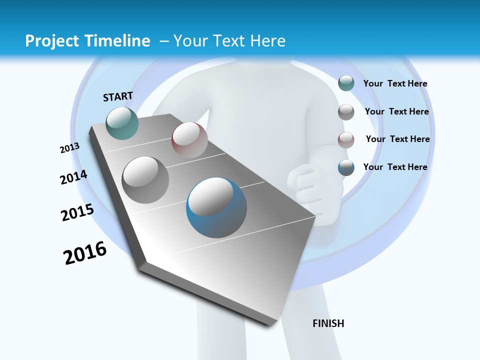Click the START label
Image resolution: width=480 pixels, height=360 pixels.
coord(118,96)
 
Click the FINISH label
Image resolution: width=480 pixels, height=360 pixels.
coord(328,323)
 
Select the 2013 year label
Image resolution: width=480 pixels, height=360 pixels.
coord(69,148)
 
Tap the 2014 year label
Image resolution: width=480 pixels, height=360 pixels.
coord(73,177)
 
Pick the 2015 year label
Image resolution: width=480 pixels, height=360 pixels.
coord(77,212)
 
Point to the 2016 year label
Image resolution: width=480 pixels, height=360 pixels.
coord(85,253)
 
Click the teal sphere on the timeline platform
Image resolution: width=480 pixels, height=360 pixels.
coord(122,123)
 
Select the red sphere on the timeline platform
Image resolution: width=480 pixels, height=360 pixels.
coord(189,139)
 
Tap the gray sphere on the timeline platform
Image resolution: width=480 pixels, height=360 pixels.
coord(145,179)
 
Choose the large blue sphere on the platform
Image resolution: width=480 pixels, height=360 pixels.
coord(216,207)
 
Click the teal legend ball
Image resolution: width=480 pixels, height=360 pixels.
coord(346,83)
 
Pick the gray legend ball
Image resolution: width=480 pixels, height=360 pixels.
coord(346,112)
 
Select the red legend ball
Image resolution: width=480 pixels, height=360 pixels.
coord(346,140)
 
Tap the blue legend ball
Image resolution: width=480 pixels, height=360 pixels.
coord(346,167)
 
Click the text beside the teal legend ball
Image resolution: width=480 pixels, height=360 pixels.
coord(395,83)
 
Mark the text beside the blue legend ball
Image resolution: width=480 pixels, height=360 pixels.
coord(395,167)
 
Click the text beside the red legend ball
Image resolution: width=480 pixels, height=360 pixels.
coord(397,139)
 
